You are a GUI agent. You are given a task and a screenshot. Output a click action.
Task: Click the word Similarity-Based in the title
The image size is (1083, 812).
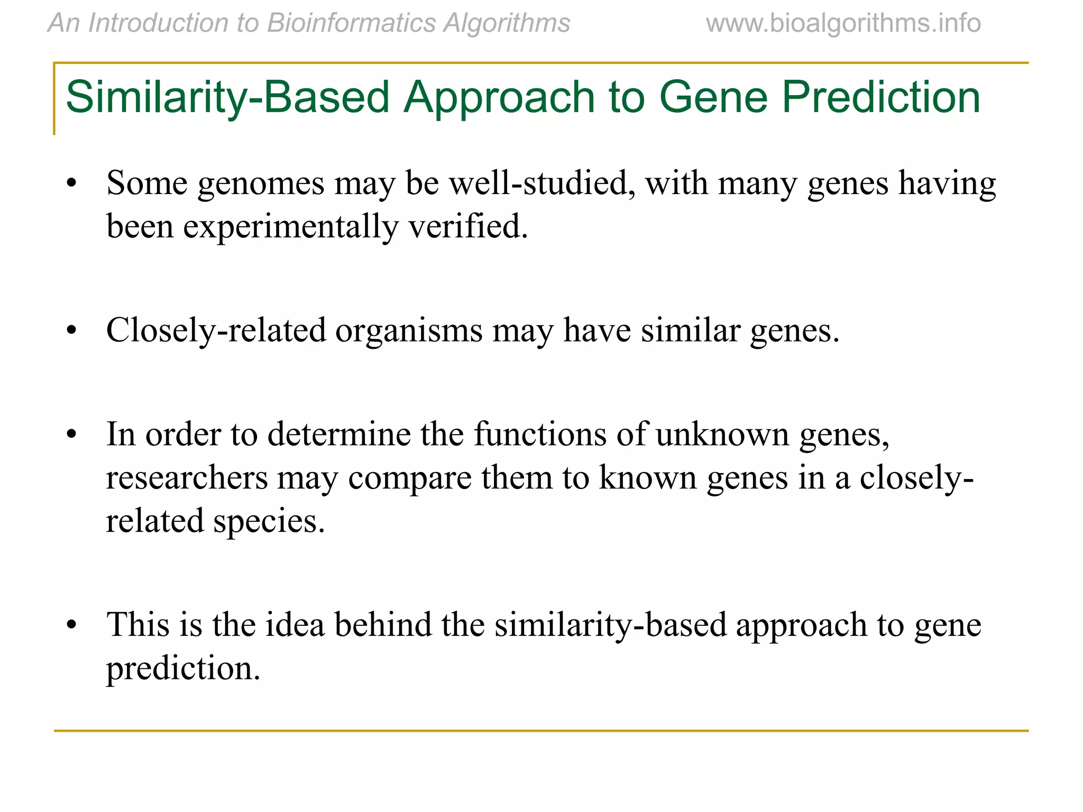point(227,97)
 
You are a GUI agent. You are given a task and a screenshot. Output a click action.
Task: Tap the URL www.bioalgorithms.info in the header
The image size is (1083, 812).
point(843,23)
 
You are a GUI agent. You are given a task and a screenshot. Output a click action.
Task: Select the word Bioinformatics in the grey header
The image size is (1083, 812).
point(352,23)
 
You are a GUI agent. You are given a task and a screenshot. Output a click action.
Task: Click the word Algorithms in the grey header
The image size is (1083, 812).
point(507,23)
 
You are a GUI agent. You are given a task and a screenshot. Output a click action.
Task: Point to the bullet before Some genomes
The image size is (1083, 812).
point(72,185)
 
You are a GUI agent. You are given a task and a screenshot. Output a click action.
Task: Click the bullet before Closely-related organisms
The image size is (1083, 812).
point(72,331)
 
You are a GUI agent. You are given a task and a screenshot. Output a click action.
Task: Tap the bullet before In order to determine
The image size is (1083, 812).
point(72,436)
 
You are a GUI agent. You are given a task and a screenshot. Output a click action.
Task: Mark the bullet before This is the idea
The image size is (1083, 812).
point(72,626)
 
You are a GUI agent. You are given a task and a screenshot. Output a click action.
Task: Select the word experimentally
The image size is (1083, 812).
point(290,227)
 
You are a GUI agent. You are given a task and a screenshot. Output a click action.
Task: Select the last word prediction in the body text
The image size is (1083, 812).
point(183,669)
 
